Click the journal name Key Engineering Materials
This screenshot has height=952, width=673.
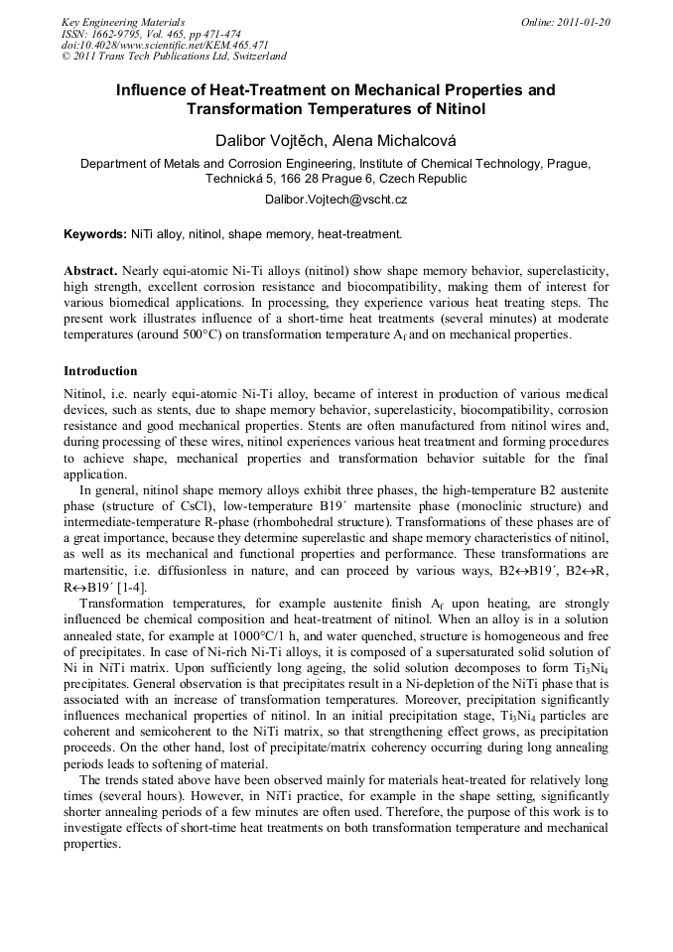[x=123, y=22]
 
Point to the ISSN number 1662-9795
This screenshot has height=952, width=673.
[x=123, y=33]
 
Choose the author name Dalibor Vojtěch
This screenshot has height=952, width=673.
[x=275, y=139]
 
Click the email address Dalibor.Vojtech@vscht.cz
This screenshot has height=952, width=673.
[x=336, y=200]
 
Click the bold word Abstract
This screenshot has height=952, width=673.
[x=90, y=271]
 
